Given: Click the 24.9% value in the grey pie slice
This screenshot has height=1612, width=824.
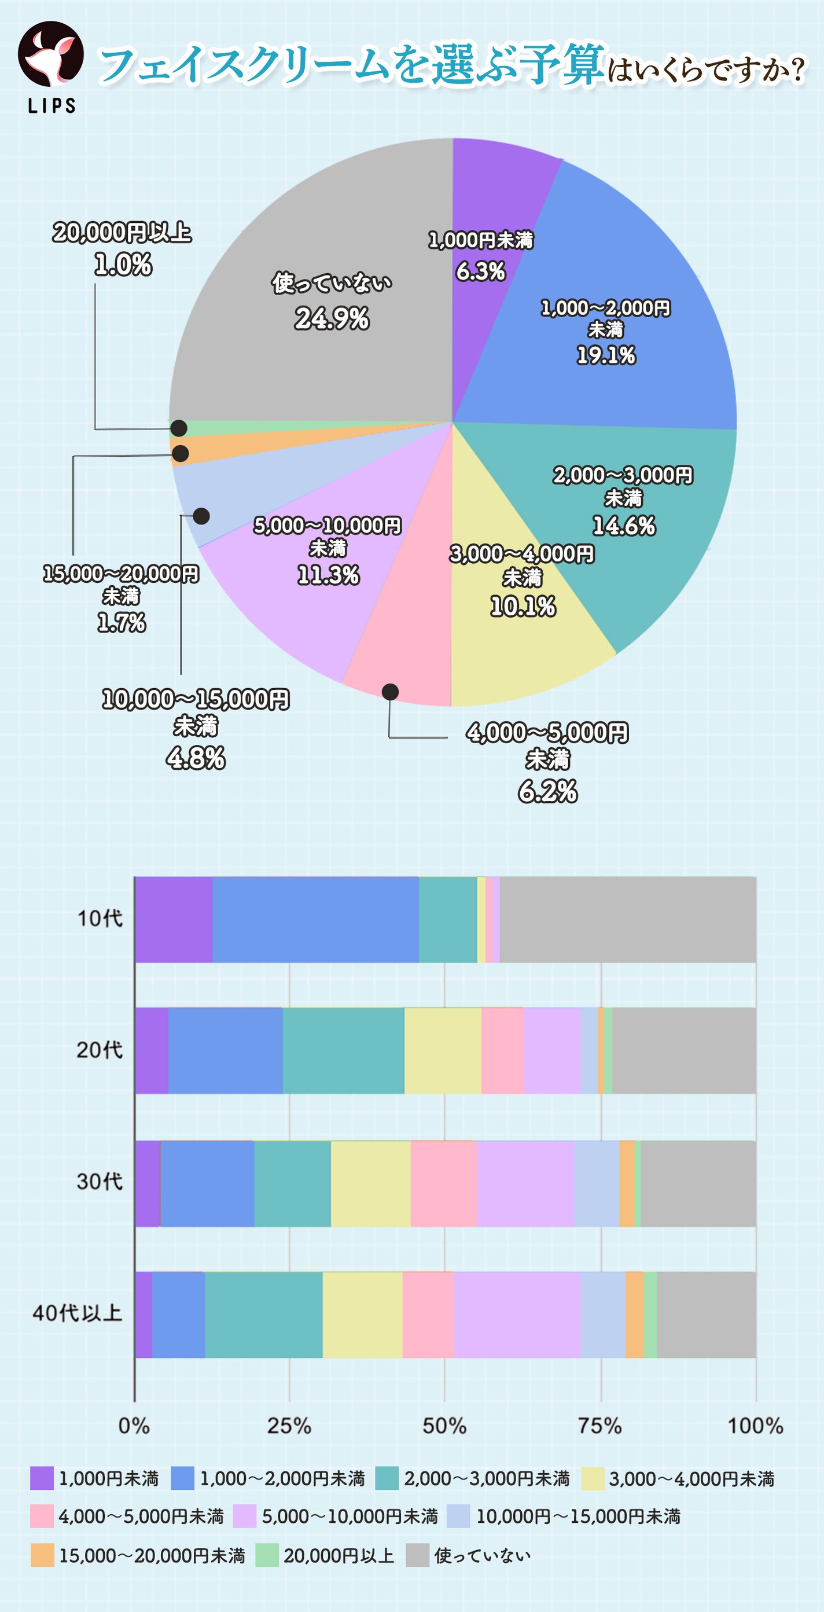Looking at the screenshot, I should [332, 319].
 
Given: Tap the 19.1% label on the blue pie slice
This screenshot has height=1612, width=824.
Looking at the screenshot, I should [606, 355].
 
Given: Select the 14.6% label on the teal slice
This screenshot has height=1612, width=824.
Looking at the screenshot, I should [624, 526].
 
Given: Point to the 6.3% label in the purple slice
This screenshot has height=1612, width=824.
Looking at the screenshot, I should [480, 271].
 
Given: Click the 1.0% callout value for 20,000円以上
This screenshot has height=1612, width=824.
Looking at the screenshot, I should [123, 265].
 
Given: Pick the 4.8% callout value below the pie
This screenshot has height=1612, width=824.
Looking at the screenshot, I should [195, 758].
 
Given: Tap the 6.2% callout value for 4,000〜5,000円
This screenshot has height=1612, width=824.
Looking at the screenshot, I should [547, 792].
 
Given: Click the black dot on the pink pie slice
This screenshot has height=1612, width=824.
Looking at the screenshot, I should [390, 692].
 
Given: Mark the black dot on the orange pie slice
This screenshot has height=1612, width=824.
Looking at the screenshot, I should [180, 454].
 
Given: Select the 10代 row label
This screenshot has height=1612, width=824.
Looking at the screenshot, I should [100, 919].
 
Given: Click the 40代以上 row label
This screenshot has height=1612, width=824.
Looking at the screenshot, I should [78, 1312].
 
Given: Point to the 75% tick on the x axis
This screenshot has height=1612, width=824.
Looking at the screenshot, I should [600, 1426].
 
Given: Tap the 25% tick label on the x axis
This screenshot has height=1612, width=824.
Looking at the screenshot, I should [289, 1426].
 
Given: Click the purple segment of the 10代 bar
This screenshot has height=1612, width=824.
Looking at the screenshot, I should [174, 919].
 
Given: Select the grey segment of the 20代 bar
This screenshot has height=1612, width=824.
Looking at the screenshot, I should [684, 1051].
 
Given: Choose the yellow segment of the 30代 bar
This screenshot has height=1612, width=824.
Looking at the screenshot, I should [370, 1183].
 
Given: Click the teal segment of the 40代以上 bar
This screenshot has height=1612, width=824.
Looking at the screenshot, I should [263, 1314].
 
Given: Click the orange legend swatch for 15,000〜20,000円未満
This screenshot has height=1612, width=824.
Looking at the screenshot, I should [42, 1556].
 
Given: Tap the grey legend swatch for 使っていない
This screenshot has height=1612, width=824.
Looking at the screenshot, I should [417, 1556].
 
